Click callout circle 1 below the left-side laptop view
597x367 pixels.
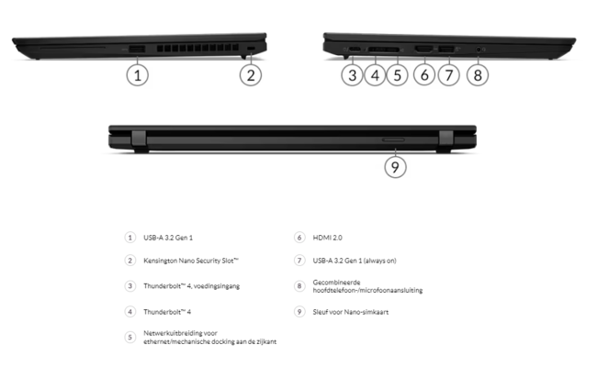tap(136, 75)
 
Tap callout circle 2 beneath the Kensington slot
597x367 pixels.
tap(252, 75)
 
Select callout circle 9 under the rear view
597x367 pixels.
tap(395, 166)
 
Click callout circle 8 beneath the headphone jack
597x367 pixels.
tap(476, 75)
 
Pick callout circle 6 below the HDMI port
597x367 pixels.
tap(423, 75)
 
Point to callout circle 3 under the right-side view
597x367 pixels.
tap(353, 75)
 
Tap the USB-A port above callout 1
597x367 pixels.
tap(136, 47)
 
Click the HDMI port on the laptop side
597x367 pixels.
tap(424, 47)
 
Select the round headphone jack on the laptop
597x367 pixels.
tap(476, 47)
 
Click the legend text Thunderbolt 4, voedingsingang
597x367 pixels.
tap(191, 286)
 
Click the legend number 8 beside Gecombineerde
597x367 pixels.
tap(298, 286)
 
